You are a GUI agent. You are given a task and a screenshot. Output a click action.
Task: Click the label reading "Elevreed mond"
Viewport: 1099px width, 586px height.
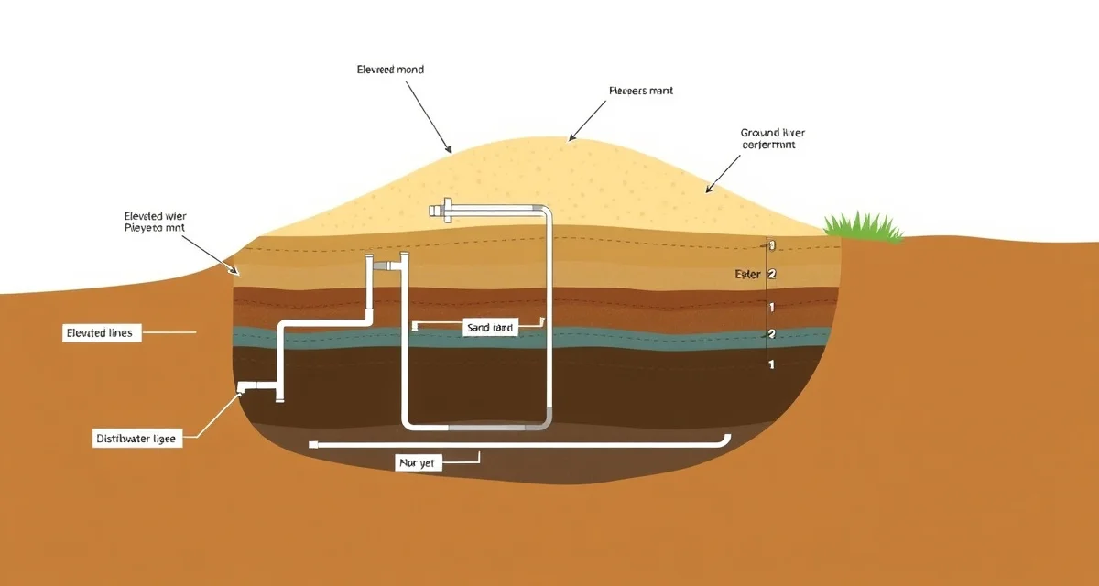390,70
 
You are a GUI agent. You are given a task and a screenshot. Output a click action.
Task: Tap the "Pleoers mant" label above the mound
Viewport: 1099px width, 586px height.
640,92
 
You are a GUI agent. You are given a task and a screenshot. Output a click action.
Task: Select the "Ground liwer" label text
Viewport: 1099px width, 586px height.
772,133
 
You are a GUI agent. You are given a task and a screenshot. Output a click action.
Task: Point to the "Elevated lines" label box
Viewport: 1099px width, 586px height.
99,333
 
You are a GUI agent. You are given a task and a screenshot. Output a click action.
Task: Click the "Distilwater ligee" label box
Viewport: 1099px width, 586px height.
138,439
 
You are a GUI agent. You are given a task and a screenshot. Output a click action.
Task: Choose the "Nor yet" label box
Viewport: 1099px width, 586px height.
419,463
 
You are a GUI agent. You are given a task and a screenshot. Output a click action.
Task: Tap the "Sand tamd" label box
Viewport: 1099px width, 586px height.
490,328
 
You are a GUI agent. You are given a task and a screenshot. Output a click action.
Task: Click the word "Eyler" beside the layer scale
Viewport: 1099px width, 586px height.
747,274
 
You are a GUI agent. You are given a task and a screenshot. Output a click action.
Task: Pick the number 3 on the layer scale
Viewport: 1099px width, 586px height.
772,245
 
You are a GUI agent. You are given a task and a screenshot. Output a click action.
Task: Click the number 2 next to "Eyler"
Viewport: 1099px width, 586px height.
772,274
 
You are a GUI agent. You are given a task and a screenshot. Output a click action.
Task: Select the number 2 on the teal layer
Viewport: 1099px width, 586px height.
771,334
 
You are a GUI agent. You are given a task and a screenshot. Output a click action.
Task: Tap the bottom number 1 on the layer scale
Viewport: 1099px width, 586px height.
771,364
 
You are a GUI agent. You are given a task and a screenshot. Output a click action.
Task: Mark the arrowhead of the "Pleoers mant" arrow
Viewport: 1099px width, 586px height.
571,139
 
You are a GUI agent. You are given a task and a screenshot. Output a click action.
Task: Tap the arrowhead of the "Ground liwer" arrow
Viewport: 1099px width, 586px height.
706,191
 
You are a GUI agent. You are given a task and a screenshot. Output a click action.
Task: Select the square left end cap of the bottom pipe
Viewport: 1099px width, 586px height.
314,444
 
